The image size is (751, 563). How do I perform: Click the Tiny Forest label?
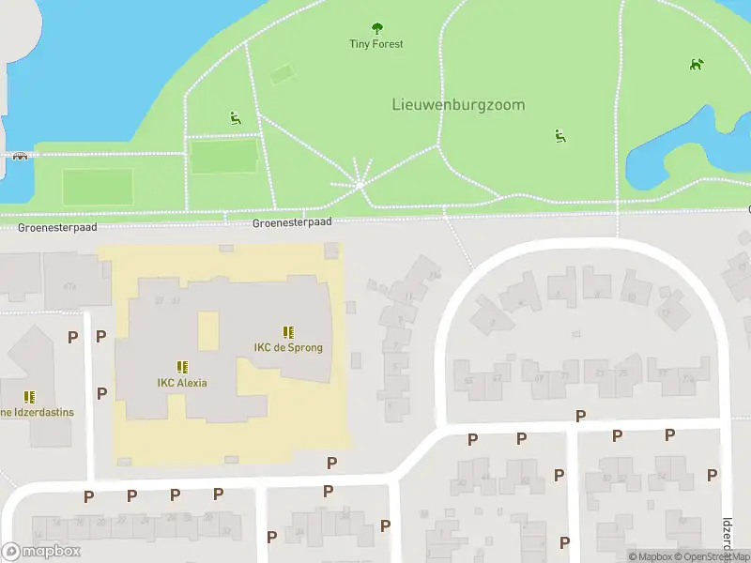376,44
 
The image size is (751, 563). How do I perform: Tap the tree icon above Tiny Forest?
377,28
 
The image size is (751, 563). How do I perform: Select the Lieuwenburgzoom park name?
458,105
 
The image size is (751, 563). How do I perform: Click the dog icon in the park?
696,65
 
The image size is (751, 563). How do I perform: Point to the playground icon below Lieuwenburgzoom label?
559,136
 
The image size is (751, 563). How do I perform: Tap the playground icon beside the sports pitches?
234,117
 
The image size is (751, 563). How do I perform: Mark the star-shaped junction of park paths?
360,184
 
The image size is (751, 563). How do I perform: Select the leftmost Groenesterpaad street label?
44,228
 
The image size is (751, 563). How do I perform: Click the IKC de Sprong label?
288,347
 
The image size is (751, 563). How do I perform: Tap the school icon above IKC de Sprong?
288,331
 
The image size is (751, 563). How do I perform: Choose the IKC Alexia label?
182,382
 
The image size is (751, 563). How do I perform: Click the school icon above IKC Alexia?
182,367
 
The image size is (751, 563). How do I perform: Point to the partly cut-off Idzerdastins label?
37,412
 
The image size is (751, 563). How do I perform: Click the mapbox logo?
41,552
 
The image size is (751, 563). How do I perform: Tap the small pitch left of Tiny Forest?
281,74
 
